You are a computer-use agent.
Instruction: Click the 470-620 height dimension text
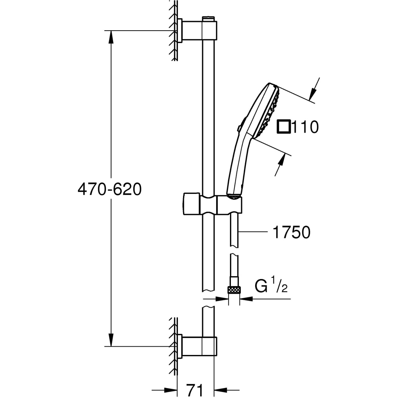pyautogui.click(x=109, y=190)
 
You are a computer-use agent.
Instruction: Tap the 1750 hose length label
pyautogui.click(x=291, y=233)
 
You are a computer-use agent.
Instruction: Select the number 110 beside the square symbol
pyautogui.click(x=306, y=127)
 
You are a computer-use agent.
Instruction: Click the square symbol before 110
pyautogui.click(x=284, y=127)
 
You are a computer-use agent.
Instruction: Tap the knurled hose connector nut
pyautogui.click(x=234, y=290)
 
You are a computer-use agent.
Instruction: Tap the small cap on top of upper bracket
pyautogui.click(x=208, y=18)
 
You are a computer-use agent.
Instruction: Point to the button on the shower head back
pyautogui.click(x=239, y=128)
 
